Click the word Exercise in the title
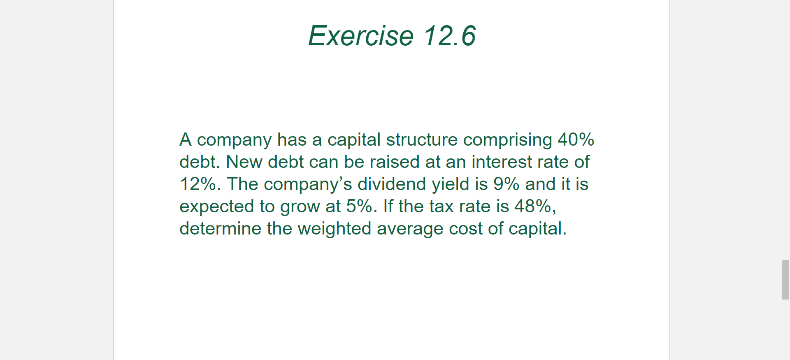click(x=361, y=36)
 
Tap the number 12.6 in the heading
click(x=450, y=36)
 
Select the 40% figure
click(x=576, y=140)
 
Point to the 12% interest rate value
click(x=198, y=184)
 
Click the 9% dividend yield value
click(x=507, y=184)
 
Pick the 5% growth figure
click(x=359, y=207)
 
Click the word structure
click(x=422, y=140)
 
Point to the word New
click(x=244, y=162)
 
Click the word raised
click(x=395, y=162)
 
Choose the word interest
click(x=502, y=162)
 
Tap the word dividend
click(x=392, y=184)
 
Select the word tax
click(x=441, y=207)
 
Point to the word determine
click(x=221, y=229)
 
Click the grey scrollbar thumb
click(x=786, y=280)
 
